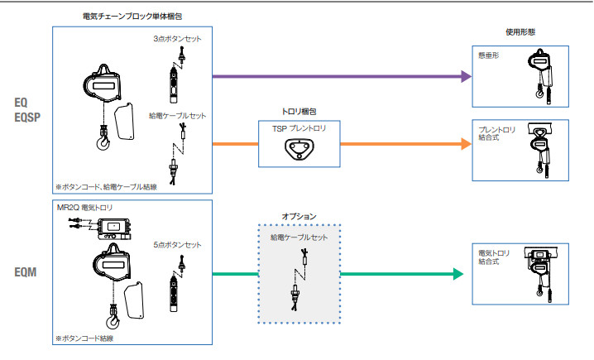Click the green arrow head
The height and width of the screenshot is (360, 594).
457,274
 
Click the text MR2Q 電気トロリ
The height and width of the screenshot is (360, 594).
85,207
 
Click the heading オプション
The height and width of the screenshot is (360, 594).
299,217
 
